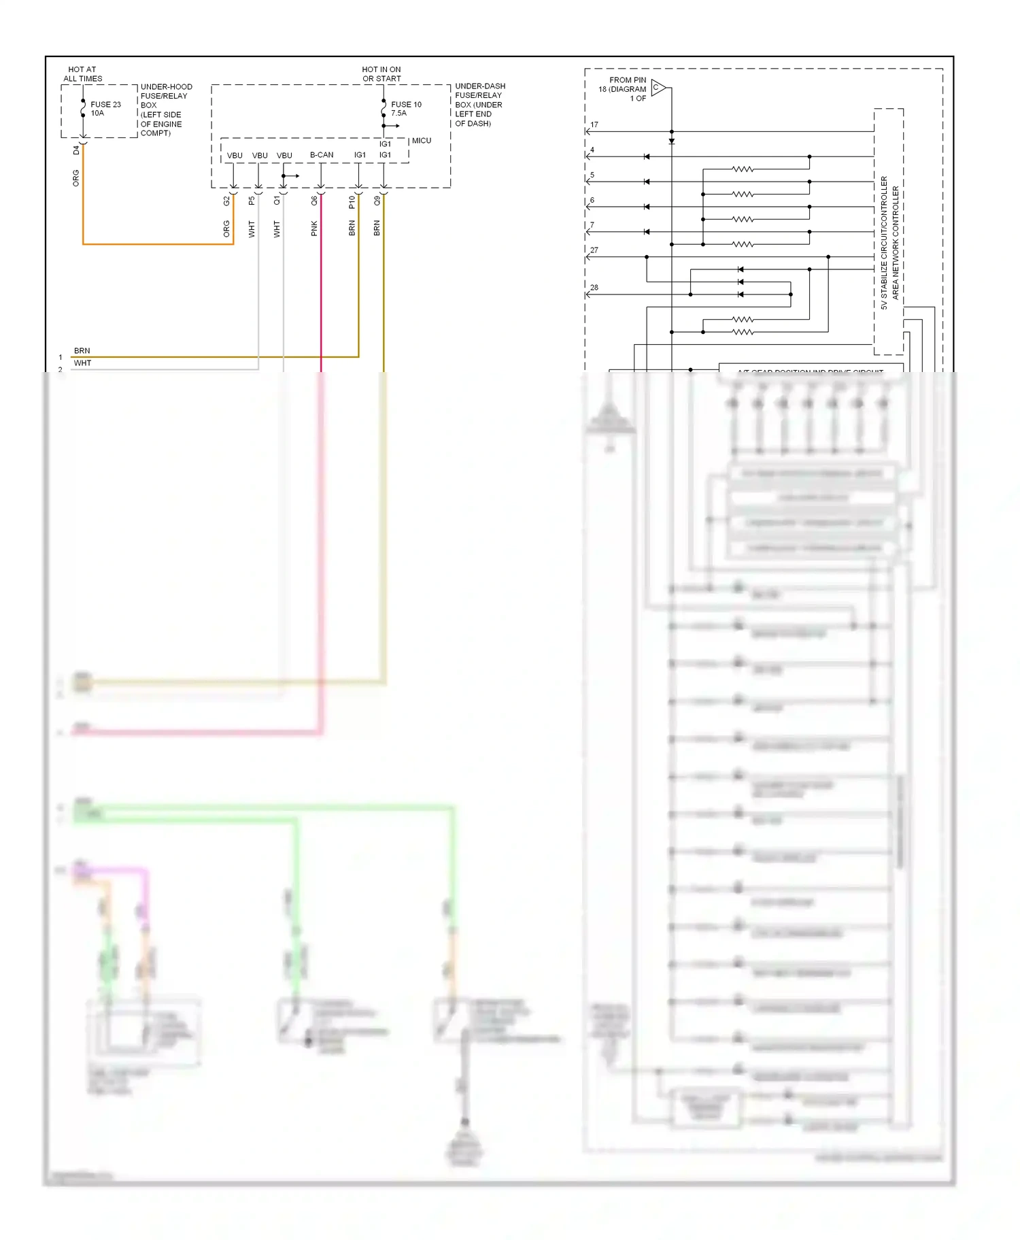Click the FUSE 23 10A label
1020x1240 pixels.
click(105, 109)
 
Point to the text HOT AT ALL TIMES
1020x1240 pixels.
click(82, 74)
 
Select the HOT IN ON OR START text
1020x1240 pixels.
click(381, 74)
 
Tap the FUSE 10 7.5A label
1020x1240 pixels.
click(406, 109)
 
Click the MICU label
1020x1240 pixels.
click(422, 141)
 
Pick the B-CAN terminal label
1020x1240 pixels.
click(322, 155)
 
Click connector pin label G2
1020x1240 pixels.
click(226, 201)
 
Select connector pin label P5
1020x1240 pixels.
click(252, 201)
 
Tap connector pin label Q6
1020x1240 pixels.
click(314, 201)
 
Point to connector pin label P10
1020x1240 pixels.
click(352, 202)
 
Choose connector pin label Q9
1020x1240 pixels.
click(377, 201)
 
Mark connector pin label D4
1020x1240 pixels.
click(76, 150)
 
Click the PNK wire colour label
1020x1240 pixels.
click(314, 229)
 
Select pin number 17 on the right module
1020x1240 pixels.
click(594, 125)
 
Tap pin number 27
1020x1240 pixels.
click(594, 250)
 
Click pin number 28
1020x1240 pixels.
click(594, 288)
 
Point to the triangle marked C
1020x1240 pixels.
click(658, 88)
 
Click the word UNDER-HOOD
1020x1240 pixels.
click(167, 87)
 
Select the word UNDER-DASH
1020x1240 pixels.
click(480, 86)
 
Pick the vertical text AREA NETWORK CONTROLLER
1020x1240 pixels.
click(896, 243)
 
